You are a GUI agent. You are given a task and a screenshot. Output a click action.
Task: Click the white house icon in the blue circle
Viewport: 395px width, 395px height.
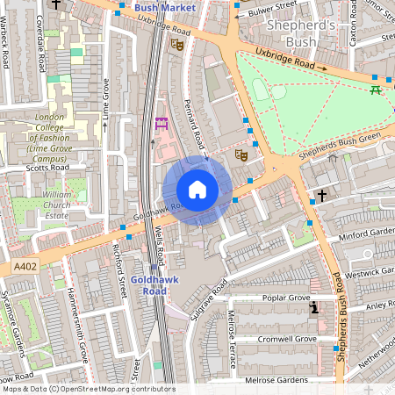[x=197, y=190]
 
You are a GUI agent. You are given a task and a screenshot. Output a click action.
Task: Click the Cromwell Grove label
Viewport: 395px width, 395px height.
[x=288, y=338]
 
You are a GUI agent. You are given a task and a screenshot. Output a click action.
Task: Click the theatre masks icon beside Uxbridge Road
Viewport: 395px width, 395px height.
[x=177, y=43]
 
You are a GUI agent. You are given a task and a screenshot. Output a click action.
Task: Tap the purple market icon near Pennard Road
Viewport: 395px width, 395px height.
[x=161, y=124]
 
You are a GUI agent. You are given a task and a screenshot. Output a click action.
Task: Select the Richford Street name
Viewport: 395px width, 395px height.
[x=122, y=277]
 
